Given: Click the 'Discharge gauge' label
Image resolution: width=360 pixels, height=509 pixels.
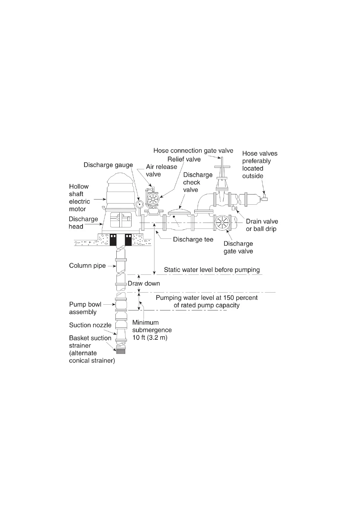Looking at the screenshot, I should point(108,165).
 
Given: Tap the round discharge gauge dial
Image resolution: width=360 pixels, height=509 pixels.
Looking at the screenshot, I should point(140,204).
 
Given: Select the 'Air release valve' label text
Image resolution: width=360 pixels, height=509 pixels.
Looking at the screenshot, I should point(161,170).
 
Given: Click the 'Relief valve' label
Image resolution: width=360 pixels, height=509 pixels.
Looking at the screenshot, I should point(184,159).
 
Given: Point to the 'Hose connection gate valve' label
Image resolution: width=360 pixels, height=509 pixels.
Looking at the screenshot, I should point(193,151).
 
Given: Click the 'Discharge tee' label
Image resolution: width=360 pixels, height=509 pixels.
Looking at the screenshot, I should point(193,239).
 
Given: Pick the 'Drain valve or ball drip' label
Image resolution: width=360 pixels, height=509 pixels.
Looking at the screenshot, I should point(262,225).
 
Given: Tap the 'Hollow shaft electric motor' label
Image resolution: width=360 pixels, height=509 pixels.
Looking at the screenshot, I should point(79,198).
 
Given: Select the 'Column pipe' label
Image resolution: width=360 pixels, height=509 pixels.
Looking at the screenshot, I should point(87,266).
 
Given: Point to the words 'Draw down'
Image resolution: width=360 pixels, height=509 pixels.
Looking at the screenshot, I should point(144,284).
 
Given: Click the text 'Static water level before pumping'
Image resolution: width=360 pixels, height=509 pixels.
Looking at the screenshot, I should point(212,270).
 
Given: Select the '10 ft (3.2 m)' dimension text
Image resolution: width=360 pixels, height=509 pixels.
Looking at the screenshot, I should point(150,338).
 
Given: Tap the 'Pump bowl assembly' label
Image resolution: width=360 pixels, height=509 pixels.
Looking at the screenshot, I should point(85,308).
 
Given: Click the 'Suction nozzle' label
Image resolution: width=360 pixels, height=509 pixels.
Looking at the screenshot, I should point(90,325).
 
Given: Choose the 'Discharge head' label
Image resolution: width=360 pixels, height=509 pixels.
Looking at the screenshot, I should point(83,223).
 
